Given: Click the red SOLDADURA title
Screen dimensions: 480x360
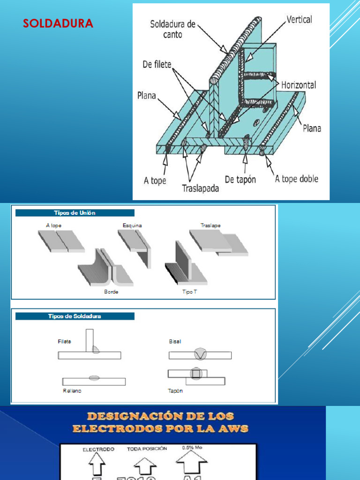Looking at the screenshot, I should click(x=58, y=23).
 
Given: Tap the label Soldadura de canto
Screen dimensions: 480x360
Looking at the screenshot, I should click(x=173, y=29).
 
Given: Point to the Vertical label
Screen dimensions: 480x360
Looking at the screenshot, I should click(x=299, y=20).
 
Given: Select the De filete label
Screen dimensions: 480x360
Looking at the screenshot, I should click(x=157, y=64).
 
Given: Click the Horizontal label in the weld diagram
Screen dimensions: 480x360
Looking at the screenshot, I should click(x=299, y=85).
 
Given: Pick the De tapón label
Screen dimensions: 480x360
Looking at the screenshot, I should click(x=240, y=179).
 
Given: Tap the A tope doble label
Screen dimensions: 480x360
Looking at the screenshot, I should click(x=296, y=179).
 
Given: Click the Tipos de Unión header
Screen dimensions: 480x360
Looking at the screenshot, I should click(x=75, y=213).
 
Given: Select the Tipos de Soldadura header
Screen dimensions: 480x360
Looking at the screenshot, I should click(x=75, y=316).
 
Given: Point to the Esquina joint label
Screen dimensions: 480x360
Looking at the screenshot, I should click(x=132, y=225).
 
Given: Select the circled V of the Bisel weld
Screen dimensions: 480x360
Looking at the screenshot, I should click(x=200, y=355).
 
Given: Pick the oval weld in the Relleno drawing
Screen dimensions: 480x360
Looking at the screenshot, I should click(x=94, y=378).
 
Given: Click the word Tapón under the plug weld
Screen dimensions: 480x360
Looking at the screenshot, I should click(x=175, y=390).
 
